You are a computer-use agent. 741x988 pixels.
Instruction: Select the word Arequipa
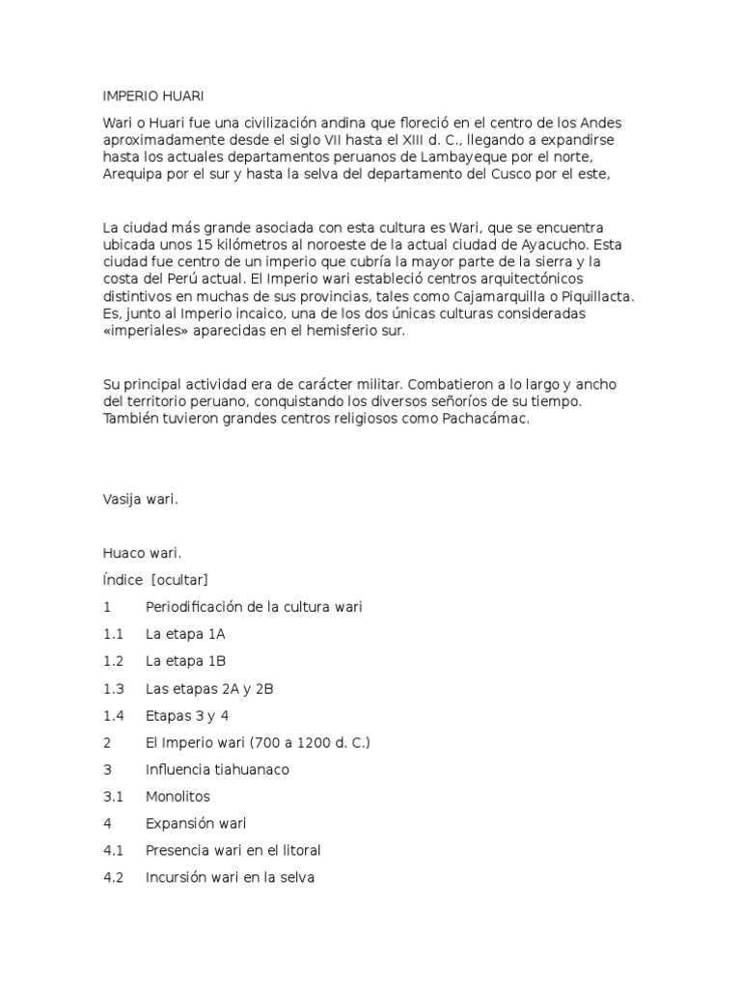[x=134, y=175]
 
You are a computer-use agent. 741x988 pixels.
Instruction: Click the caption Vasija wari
[x=141, y=499]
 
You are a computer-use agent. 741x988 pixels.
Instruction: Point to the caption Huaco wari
[x=142, y=553]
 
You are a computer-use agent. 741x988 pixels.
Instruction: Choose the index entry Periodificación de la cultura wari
[x=254, y=607]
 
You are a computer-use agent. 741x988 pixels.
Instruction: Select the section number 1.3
[x=114, y=689]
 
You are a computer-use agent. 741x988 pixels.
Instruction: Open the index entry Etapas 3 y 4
[x=187, y=716]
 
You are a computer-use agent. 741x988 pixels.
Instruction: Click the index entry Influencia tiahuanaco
[x=217, y=770]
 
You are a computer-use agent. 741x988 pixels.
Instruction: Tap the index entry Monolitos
[x=178, y=797]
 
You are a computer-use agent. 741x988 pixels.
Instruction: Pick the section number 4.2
[x=114, y=878]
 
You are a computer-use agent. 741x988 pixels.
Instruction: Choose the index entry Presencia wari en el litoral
[x=233, y=851]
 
